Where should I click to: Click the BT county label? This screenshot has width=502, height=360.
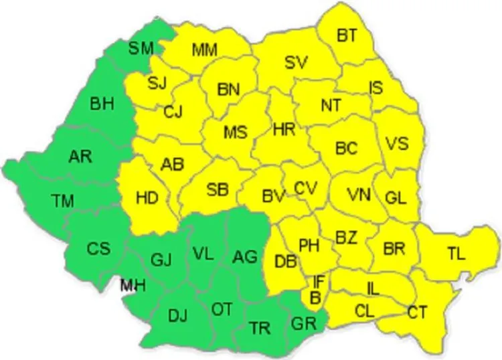(x=347, y=35)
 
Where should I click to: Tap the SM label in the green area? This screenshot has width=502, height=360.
(x=141, y=48)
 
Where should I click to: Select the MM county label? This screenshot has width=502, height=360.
(x=204, y=50)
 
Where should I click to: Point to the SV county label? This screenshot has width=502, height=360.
(x=296, y=62)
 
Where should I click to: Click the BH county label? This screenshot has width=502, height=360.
(x=102, y=103)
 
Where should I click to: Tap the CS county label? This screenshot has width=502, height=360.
(x=98, y=248)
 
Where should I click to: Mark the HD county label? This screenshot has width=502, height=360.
(x=147, y=198)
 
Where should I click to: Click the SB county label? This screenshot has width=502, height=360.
(x=218, y=189)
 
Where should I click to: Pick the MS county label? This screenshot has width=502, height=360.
(x=235, y=132)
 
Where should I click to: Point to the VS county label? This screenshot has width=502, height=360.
(x=396, y=145)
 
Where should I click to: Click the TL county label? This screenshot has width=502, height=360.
(x=456, y=253)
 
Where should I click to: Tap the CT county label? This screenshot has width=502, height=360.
(x=418, y=311)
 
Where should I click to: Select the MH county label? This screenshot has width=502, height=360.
(x=132, y=286)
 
